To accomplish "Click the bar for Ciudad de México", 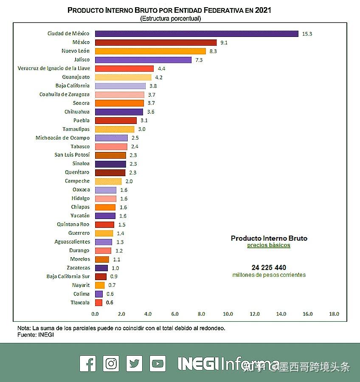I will (197, 34).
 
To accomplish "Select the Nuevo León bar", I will (150, 51).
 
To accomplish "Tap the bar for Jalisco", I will (143, 60).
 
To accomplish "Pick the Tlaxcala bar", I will (98, 303).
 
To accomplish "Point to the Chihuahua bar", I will (119, 112).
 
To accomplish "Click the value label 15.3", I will (307, 34).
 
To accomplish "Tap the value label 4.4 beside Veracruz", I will (161, 68).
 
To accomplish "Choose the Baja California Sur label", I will (68, 276).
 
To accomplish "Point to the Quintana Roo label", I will (73, 225).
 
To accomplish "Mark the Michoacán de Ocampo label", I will (62, 138).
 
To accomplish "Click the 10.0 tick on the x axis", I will (228, 314).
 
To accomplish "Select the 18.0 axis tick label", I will (334, 314).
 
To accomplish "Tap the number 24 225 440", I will (269, 267).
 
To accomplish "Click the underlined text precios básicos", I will (269, 245).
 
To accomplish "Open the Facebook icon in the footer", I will (88, 364).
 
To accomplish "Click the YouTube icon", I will (157, 364).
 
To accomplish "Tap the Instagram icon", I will (111, 364).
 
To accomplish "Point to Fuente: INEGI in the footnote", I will (36, 335).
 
